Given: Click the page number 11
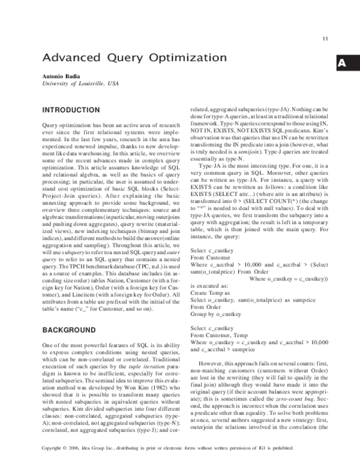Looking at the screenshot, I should pos(325,40).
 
